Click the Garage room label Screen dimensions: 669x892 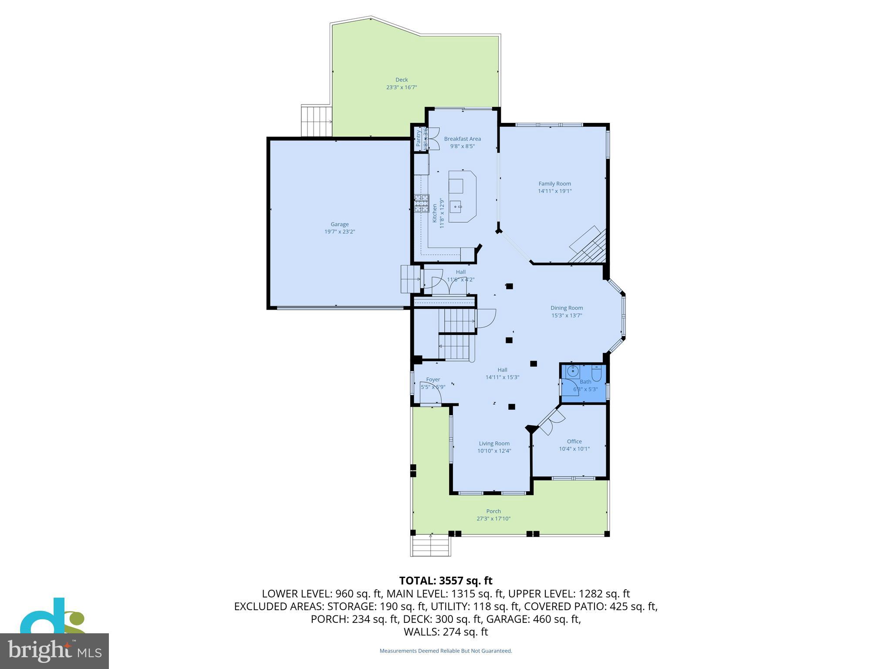[339, 224]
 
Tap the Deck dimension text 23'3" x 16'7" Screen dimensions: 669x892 [402, 87]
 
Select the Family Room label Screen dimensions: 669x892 [554, 184]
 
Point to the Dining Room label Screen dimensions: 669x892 [566, 308]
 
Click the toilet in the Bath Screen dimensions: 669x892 [596, 373]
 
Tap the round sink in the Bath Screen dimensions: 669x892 [574, 372]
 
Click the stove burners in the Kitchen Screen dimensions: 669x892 [422, 203]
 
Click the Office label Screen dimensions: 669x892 [574, 441]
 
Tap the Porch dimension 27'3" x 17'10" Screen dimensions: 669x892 [493, 519]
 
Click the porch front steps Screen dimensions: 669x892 [430, 546]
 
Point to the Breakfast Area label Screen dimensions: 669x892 [462, 139]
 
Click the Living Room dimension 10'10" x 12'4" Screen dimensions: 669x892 [494, 451]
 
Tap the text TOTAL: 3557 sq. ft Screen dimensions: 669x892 [446, 581]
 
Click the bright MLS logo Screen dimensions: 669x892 [54, 651]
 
